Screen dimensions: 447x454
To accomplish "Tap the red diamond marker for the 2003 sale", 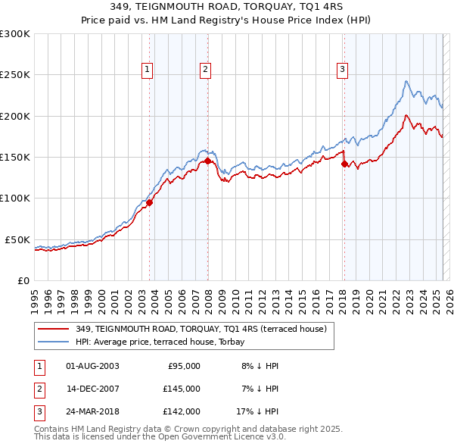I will pos(150,202).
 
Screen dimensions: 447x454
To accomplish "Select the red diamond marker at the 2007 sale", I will pos(208,161).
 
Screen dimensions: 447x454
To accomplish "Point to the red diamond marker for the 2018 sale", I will pos(344,164).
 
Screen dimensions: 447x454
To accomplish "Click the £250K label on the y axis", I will pos(15,75).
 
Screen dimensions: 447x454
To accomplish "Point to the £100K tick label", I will pos(15,198).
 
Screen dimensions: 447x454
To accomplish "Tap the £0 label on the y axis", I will pos(23,280).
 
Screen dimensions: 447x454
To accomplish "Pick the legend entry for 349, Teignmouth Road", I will pos(201,329).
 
